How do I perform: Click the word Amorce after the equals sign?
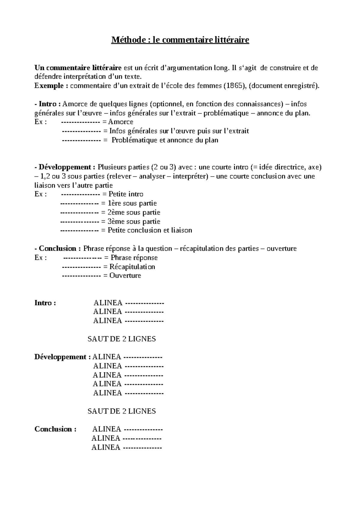click(x=121, y=122)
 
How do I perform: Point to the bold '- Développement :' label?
click(x=65, y=167)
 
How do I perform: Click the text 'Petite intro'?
click(x=126, y=194)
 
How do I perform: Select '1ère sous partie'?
click(x=132, y=203)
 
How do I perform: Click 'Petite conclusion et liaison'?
click(x=150, y=231)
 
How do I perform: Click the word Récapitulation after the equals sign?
click(x=132, y=267)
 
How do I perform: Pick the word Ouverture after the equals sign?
click(x=125, y=276)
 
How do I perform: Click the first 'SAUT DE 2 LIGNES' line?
click(x=121, y=339)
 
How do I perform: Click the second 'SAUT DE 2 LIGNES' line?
click(x=121, y=411)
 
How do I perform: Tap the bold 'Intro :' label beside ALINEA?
click(x=45, y=303)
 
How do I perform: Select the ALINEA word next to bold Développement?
click(x=106, y=357)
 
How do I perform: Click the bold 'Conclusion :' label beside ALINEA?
click(x=55, y=429)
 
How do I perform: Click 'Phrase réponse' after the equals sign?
click(x=134, y=258)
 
